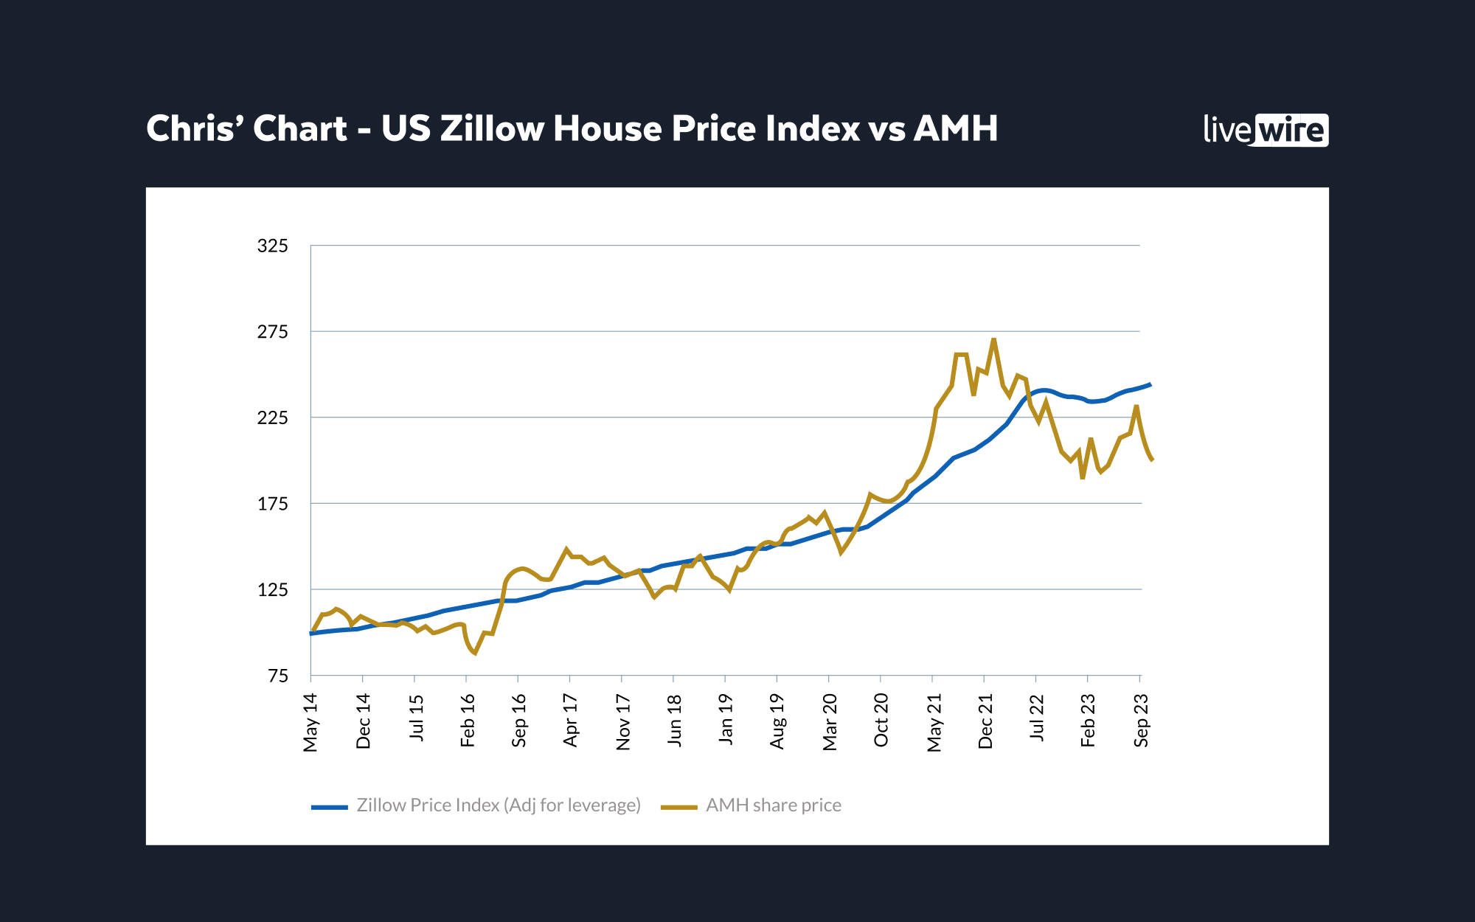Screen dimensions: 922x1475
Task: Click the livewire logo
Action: pyautogui.click(x=1266, y=130)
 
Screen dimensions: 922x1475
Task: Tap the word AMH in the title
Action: pyautogui.click(x=956, y=128)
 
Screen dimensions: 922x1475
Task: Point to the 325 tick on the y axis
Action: pyautogui.click(x=272, y=246)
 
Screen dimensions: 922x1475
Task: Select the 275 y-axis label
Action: pyautogui.click(x=272, y=332)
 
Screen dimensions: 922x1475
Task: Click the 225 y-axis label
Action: pyautogui.click(x=272, y=418)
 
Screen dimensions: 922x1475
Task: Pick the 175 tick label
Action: pyautogui.click(x=272, y=505)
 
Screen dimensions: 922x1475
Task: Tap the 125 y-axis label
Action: pyautogui.click(x=272, y=590)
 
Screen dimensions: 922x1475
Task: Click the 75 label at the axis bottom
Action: pyautogui.click(x=277, y=676)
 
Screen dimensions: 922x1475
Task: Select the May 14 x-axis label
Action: pyautogui.click(x=310, y=722)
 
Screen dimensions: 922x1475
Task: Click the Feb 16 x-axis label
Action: pyautogui.click(x=468, y=721)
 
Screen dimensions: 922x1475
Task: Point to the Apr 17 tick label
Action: pyautogui.click(x=570, y=721)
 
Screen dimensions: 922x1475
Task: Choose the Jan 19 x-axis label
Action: pyautogui.click(x=726, y=719)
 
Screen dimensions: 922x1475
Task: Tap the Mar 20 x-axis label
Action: pyautogui.click(x=830, y=722)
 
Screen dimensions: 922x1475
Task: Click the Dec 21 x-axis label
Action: pyautogui.click(x=985, y=721)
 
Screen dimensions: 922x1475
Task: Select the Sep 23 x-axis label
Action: pyautogui.click(x=1141, y=721)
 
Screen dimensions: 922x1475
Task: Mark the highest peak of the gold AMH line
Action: pyautogui.click(x=994, y=340)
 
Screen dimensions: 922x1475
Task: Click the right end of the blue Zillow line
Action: pyautogui.click(x=1150, y=385)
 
